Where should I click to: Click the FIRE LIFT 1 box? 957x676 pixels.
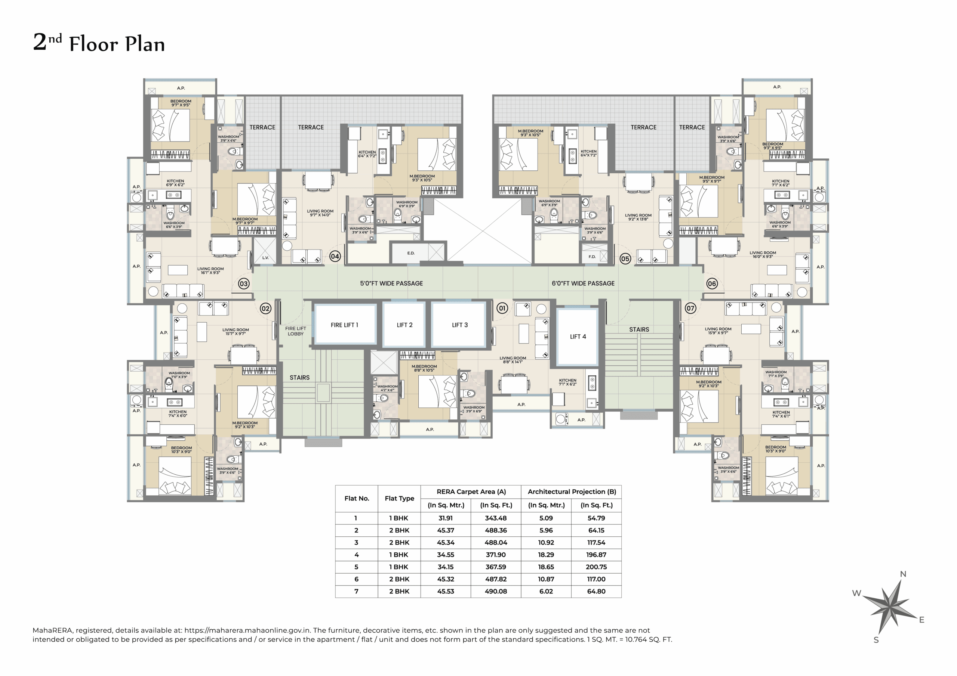344,325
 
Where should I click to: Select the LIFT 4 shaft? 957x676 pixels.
578,337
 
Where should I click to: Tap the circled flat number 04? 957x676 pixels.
335,257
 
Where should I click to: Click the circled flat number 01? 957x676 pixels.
502,308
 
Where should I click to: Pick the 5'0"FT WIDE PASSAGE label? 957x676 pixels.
391,283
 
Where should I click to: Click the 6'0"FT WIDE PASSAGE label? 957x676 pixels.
583,283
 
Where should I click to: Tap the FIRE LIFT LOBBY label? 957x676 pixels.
296,331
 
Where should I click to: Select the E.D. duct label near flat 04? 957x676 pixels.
411,253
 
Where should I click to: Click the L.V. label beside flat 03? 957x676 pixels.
265,258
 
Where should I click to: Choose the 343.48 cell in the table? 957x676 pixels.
496,518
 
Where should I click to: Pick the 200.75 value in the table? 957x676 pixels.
596,567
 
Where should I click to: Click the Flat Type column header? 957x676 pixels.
399,499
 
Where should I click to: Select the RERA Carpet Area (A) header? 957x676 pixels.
471,492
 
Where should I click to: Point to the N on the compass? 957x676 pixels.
903,574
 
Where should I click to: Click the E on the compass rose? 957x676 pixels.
921,620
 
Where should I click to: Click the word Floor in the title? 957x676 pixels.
93,44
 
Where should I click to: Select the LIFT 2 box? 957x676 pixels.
404,325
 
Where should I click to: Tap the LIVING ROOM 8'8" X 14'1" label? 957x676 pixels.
513,360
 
